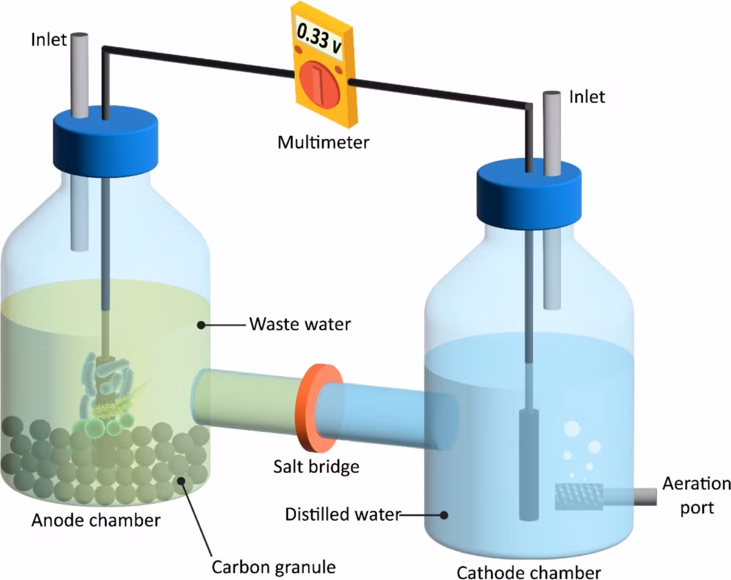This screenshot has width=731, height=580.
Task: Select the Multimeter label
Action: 323,143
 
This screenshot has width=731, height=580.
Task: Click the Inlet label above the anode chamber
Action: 49,40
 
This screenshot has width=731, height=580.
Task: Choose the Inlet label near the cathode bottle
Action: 587,97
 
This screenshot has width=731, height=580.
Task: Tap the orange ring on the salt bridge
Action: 319,408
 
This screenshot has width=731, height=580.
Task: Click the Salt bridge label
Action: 316,467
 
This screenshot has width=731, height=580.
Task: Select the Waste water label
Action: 300,324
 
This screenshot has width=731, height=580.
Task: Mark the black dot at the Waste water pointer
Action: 201,325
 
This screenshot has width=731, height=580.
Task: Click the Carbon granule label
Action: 274,567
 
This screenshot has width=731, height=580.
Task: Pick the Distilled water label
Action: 343,514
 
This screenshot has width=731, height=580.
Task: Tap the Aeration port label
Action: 697,496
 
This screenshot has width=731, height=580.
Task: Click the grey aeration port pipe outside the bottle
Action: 645,497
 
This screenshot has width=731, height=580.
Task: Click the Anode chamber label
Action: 96,520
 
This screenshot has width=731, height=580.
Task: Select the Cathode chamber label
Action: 529,572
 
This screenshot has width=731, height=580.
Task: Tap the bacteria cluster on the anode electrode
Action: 106,394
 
